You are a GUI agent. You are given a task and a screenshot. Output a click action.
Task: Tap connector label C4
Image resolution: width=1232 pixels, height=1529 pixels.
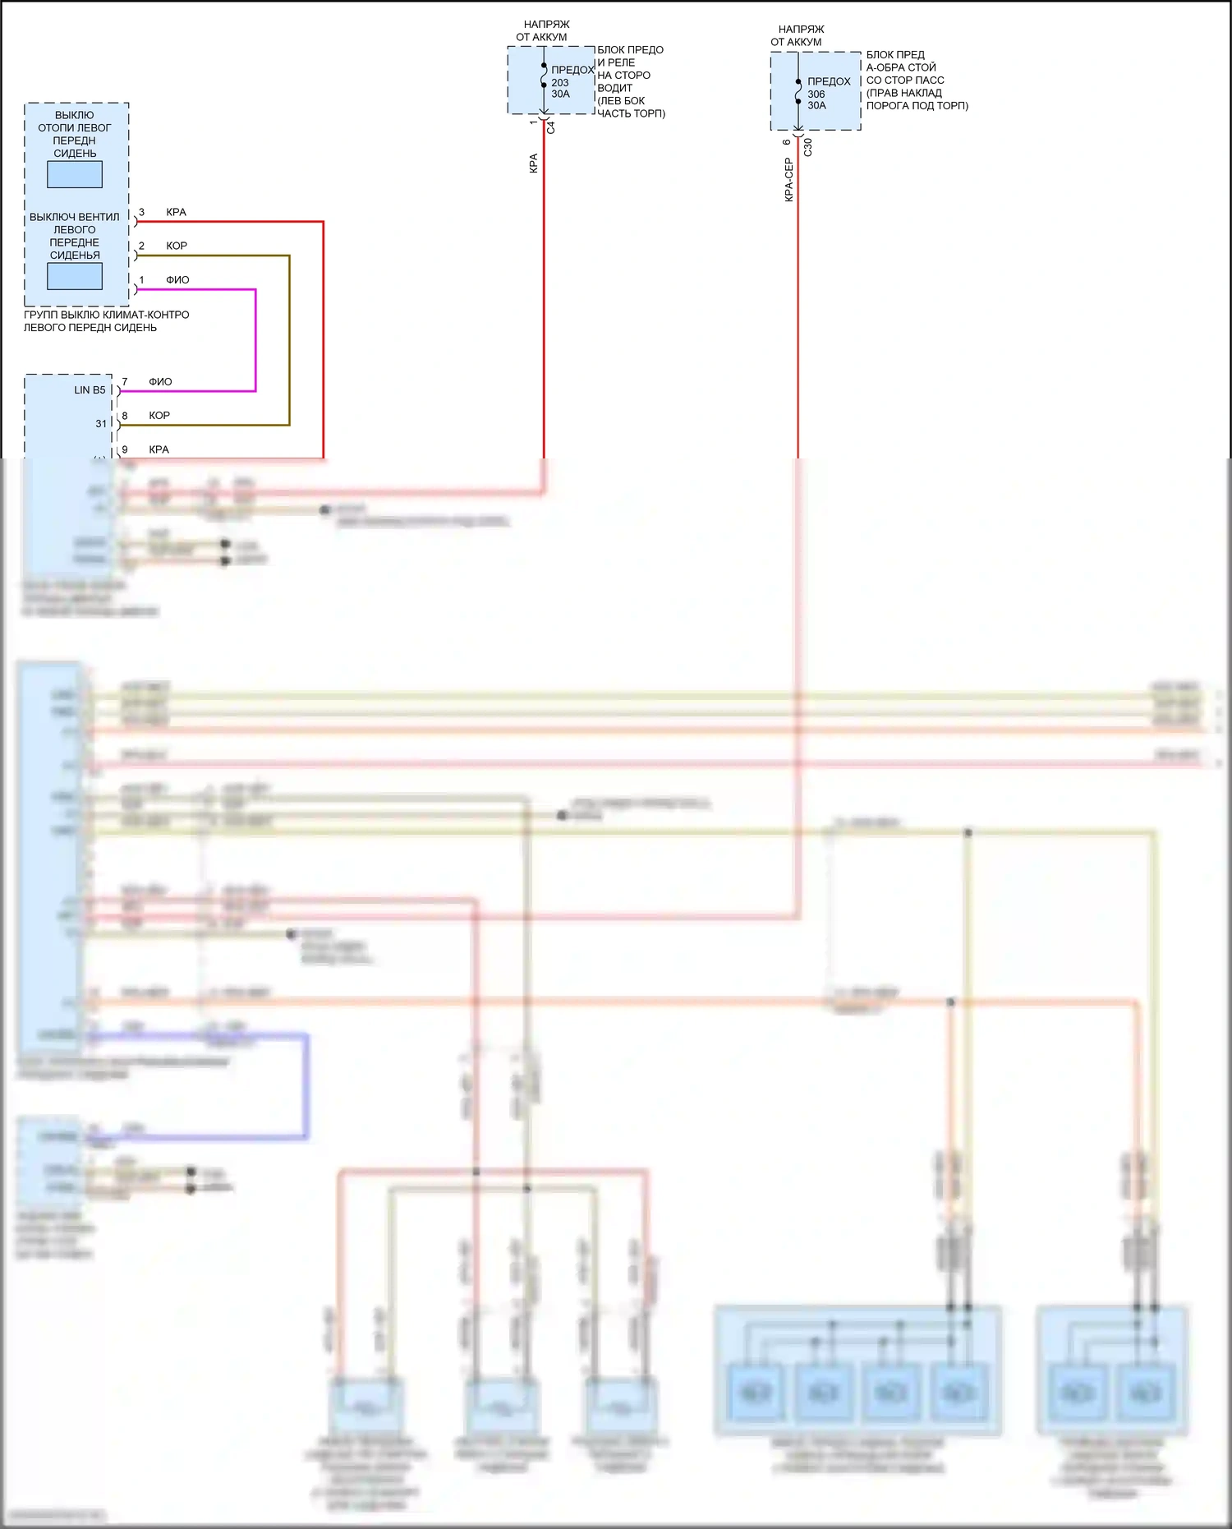(x=551, y=127)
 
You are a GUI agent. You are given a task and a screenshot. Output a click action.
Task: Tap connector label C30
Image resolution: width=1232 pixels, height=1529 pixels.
(x=808, y=147)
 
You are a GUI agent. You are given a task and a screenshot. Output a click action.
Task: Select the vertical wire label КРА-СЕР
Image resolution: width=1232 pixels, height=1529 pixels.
(x=788, y=180)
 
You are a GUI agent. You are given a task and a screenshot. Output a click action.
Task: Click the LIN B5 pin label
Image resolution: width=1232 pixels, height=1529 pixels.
(x=90, y=390)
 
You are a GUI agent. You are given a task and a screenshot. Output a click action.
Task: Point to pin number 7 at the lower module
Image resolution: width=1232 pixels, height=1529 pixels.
(x=125, y=382)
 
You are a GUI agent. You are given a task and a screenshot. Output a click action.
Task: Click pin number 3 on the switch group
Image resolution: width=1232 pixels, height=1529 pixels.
(x=141, y=213)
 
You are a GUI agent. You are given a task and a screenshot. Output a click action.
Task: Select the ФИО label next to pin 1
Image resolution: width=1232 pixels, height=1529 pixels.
(x=177, y=280)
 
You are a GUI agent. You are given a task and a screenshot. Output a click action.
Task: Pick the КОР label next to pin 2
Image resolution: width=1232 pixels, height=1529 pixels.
(x=177, y=246)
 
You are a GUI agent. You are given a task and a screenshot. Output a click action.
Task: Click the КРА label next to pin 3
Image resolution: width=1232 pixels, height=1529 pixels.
(x=176, y=213)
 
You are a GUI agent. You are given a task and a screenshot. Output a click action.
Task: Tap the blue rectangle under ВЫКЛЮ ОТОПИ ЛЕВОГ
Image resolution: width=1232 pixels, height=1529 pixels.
(x=75, y=174)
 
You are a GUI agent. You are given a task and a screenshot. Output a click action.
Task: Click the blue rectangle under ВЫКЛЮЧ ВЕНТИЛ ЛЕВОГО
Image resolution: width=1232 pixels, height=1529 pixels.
(x=75, y=276)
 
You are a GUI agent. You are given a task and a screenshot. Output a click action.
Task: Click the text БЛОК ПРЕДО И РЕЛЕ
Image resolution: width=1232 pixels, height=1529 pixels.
(x=630, y=56)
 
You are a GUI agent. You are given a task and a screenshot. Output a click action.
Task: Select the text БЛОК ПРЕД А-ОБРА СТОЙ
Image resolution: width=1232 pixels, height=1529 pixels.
(x=901, y=62)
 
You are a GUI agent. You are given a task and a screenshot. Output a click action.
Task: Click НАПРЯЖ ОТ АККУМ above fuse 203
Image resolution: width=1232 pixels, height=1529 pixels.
(x=544, y=31)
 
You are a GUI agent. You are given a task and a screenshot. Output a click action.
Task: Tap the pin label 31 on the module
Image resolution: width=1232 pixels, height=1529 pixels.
(x=101, y=424)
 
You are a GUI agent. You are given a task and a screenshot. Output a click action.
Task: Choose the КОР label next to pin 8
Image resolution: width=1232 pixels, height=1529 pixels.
(x=159, y=416)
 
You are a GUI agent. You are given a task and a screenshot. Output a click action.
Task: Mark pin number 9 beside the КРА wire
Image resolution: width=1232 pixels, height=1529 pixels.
(x=125, y=450)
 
